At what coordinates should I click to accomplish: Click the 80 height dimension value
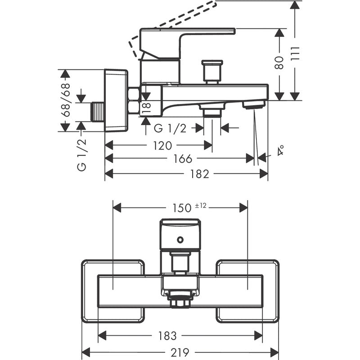(x=280, y=63)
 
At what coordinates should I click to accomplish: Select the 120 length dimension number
(x=162, y=145)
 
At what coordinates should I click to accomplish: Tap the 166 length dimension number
(x=183, y=159)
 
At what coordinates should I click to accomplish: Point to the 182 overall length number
(x=200, y=174)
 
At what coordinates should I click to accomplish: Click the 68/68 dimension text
(x=66, y=100)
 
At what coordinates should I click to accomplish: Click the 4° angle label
(x=281, y=150)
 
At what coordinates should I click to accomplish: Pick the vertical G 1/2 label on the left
(x=81, y=154)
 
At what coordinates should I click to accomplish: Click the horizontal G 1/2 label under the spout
(x=170, y=129)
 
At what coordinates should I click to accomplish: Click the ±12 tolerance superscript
(x=200, y=205)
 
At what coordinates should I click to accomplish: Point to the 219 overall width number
(x=180, y=352)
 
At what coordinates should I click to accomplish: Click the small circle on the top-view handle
(x=180, y=239)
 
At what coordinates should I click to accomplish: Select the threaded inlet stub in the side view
(x=97, y=112)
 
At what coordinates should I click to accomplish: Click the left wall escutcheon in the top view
(x=112, y=291)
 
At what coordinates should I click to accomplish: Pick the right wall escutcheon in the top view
(x=247, y=291)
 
